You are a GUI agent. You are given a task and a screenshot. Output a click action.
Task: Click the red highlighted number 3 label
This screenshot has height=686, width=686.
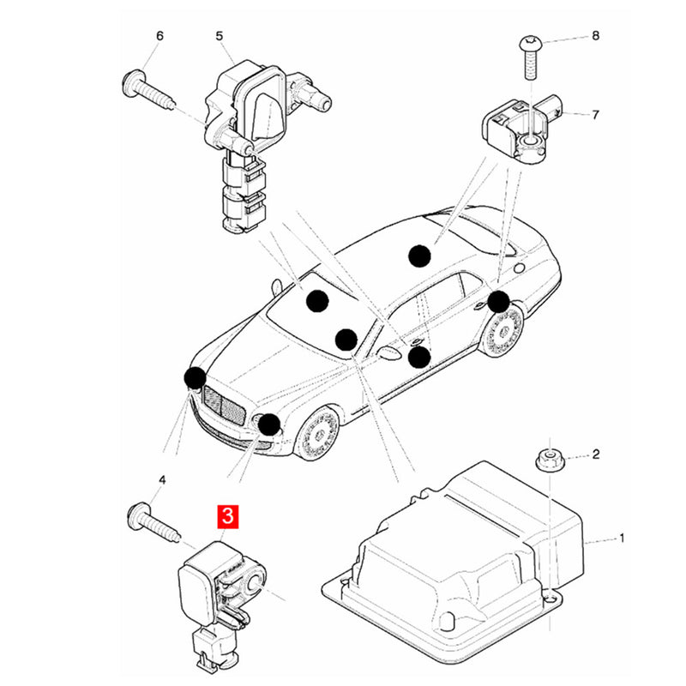tap(228, 517)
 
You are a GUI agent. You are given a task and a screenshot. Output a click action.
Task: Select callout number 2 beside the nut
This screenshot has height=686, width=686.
tap(596, 454)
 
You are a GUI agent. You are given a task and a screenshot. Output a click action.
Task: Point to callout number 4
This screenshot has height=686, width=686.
tap(162, 480)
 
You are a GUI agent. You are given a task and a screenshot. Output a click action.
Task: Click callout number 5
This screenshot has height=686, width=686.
tap(220, 36)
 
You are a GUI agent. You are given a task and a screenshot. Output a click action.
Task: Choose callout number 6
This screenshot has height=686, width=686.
tap(159, 36)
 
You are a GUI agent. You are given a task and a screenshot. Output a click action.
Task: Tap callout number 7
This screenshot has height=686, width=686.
tap(595, 115)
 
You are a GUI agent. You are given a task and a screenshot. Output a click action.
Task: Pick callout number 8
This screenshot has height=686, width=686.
tap(595, 35)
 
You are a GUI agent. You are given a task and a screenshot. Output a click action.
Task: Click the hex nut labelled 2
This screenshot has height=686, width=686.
tap(550, 460)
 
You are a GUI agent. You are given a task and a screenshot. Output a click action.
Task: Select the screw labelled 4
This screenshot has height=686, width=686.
tap(155, 522)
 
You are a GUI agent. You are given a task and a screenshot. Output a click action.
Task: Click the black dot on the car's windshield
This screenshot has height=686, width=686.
tap(317, 301)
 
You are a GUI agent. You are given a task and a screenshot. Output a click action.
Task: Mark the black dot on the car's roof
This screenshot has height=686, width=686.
tap(419, 256)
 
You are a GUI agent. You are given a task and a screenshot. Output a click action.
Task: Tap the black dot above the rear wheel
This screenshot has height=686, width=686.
tap(498, 302)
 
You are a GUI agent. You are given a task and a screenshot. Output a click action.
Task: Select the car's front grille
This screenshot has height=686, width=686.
tap(224, 405)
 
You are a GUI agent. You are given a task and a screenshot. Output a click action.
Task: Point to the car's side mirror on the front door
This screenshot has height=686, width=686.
tap(388, 353)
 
